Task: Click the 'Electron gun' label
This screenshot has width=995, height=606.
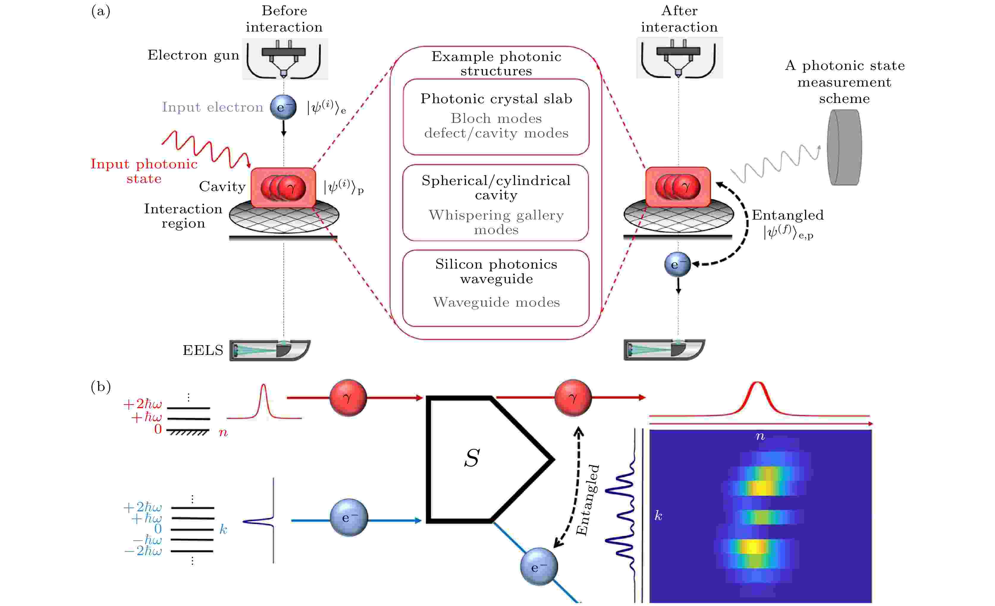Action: click(193, 55)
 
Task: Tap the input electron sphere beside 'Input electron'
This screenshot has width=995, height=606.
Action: click(283, 107)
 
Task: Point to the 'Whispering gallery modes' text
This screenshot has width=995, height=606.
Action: click(496, 222)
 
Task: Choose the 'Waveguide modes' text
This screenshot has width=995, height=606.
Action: click(496, 302)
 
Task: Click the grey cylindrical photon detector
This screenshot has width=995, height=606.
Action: click(844, 148)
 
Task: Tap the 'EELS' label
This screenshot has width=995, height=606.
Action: click(203, 350)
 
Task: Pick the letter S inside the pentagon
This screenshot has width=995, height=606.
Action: click(472, 458)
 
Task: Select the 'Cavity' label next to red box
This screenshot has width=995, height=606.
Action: click(222, 187)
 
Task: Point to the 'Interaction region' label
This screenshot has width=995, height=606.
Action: click(183, 216)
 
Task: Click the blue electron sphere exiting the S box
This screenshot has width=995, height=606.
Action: click(539, 566)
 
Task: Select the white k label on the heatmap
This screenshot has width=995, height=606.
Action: click(658, 516)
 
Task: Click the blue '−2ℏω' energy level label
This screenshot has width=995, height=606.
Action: click(143, 551)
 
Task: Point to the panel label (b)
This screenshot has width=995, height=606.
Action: click(101, 387)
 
